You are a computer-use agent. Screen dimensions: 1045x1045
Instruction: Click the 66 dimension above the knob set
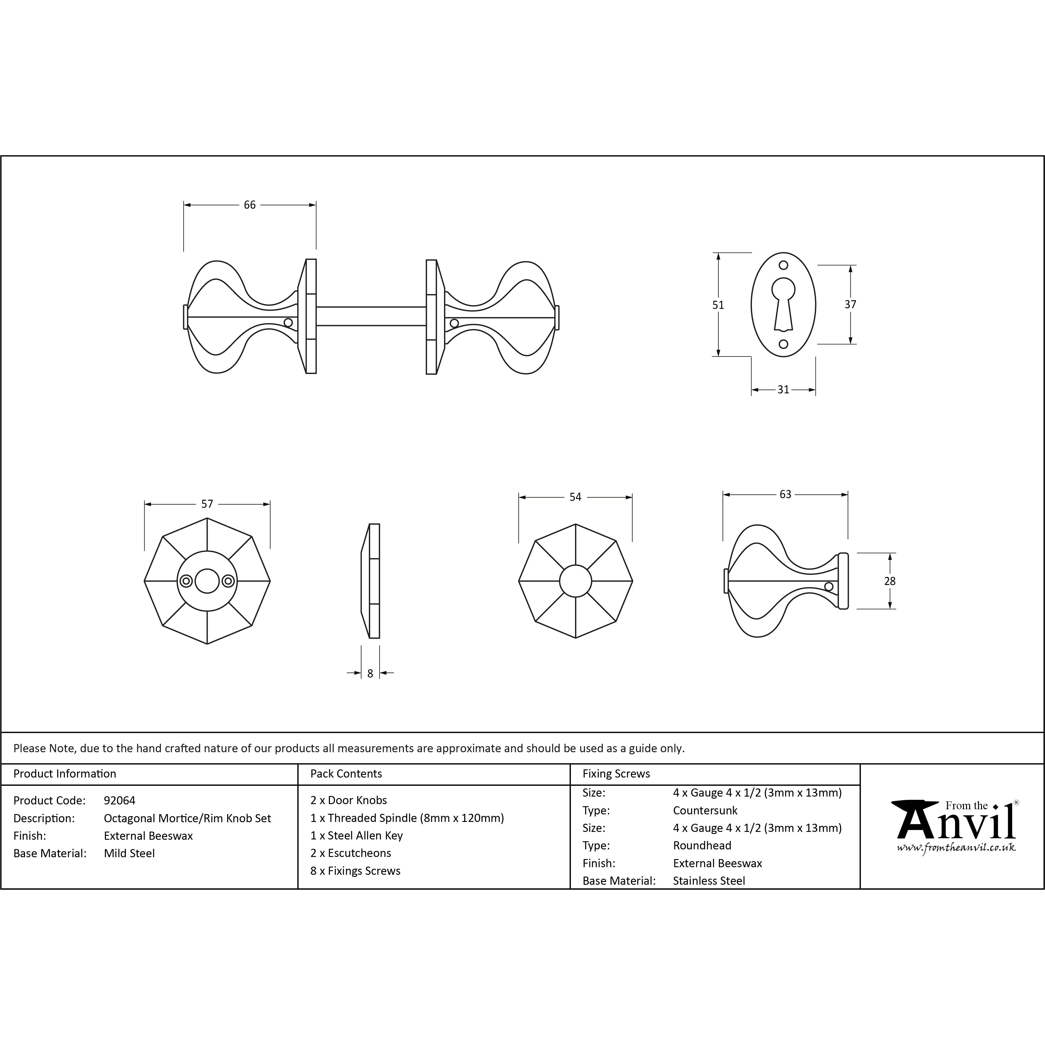[249, 205]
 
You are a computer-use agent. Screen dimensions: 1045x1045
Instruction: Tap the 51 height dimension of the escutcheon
[718, 305]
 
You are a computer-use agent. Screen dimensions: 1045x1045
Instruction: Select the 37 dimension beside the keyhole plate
[850, 305]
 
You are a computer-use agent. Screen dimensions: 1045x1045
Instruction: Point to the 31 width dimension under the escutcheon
[783, 389]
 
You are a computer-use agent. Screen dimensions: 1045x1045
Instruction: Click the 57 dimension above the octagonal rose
[207, 504]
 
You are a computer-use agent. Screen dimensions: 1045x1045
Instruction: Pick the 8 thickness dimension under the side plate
[370, 673]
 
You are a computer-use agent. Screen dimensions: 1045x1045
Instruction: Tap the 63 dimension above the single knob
[785, 494]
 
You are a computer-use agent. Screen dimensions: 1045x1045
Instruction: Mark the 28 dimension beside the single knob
[890, 581]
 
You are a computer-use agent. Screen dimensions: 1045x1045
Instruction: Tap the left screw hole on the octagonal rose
[186, 581]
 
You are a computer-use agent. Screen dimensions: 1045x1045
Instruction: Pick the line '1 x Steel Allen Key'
[356, 836]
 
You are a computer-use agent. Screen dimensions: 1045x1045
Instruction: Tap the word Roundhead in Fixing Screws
[702, 845]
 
